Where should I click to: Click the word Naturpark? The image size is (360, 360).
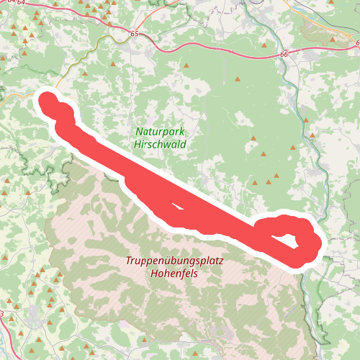(x=160, y=132)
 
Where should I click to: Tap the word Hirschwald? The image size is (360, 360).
(x=160, y=144)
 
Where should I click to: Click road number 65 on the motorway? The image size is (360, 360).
(x=135, y=34)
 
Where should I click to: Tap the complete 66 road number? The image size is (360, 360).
(x=283, y=54)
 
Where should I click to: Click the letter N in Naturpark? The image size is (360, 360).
(x=138, y=132)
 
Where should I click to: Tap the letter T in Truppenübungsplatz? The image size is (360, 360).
(x=127, y=261)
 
